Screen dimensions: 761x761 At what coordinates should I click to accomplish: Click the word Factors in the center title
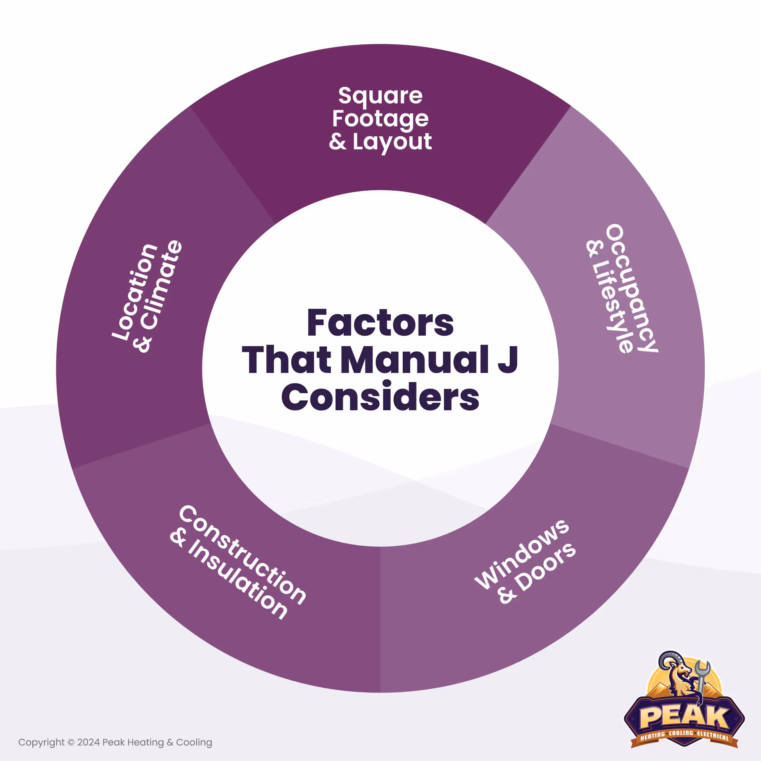[x=380, y=323]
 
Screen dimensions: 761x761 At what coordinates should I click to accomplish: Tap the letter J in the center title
[x=508, y=360]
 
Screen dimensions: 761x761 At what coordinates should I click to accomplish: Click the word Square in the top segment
[x=380, y=96]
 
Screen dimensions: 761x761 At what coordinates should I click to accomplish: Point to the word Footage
[x=380, y=119]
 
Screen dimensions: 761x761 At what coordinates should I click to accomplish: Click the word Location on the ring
[x=135, y=291]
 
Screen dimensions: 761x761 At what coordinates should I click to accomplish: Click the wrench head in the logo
[x=703, y=668]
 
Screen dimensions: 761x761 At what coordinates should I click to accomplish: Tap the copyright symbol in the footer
[x=71, y=742]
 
